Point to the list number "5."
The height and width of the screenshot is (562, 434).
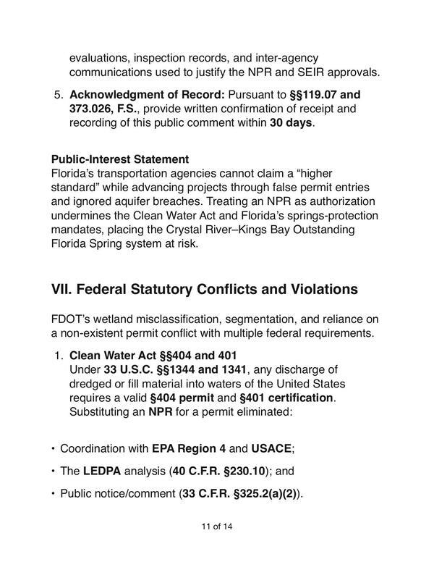pyautogui.click(x=58, y=94)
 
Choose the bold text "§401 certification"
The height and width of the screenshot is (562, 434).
pyautogui.click(x=285, y=398)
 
